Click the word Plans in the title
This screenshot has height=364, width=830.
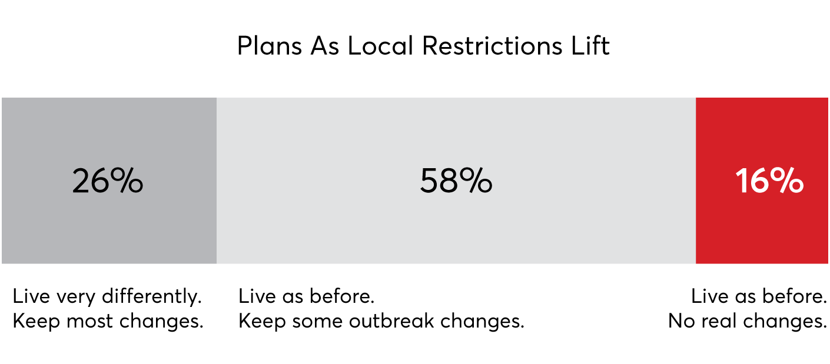point(270,46)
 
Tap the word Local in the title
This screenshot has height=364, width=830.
point(380,45)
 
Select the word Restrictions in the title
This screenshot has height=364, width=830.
point(493,45)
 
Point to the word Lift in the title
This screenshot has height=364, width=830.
point(590,45)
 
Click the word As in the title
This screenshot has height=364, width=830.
point(324,46)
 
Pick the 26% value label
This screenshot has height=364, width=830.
point(108,181)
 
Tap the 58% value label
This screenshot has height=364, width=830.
point(456,181)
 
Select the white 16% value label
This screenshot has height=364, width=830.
point(769,181)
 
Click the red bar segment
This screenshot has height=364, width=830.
point(762,181)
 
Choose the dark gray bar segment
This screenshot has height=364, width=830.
point(109,181)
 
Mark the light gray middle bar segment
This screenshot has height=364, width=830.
point(456,181)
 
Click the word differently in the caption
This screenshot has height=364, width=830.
point(152,296)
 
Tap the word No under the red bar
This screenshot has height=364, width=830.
point(682,320)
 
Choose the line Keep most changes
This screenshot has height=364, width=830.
point(108,320)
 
